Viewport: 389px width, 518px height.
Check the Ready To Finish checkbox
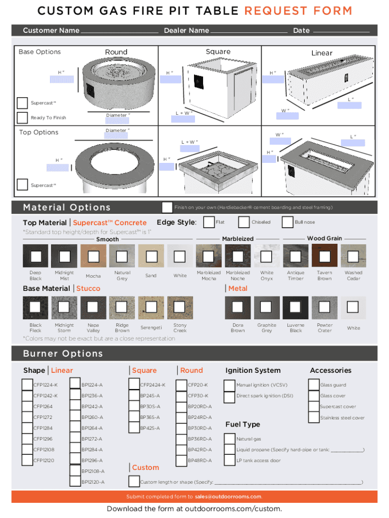pos(22,117)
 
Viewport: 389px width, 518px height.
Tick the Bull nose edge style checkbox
pos(287,222)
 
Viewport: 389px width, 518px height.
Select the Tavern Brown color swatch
pos(325,256)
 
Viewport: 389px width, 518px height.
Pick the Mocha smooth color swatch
pos(93,256)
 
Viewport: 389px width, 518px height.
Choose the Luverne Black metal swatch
pos(296,307)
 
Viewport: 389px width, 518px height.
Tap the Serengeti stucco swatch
pos(151,307)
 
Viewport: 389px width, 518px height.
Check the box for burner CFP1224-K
pos(27,384)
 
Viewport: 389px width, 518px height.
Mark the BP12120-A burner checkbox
pos(75,482)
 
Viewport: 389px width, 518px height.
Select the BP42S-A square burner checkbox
pos(134,428)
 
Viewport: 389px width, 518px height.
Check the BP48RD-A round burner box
pos(181,460)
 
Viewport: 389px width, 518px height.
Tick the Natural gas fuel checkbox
pos(230,439)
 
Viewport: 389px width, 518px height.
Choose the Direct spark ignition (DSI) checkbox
pos(229,397)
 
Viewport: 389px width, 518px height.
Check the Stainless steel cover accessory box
pos(314,417)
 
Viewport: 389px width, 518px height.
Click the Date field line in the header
pos(341,32)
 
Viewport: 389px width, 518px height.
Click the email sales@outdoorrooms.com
pos(228,497)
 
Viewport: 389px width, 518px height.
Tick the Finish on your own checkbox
pos(167,207)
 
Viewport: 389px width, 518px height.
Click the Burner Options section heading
pos(63,354)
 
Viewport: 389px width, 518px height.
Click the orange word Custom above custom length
pos(145,467)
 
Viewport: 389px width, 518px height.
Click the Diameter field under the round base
pos(117,120)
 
